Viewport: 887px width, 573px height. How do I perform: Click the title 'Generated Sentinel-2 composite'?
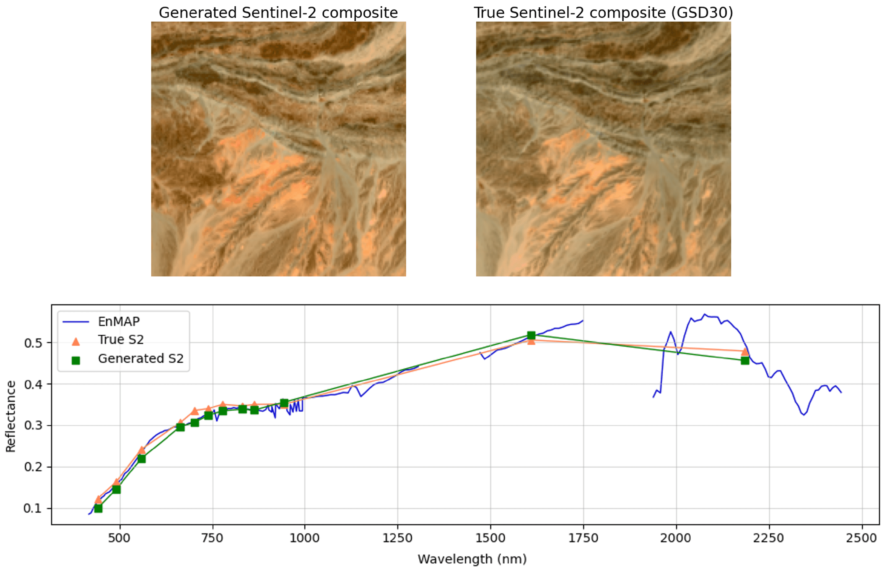coord(278,13)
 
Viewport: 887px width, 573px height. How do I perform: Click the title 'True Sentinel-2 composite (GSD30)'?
coord(603,13)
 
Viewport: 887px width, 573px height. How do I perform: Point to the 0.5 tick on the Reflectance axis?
coord(33,343)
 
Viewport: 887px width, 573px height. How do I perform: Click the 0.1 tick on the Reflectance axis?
coord(33,508)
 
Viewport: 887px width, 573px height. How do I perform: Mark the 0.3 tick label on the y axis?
coord(33,425)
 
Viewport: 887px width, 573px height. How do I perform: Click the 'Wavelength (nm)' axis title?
coord(472,559)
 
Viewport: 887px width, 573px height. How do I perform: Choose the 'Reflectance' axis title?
coord(11,416)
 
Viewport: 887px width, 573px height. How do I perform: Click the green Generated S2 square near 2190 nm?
coord(745,360)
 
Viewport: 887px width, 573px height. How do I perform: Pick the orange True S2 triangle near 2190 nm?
coord(745,351)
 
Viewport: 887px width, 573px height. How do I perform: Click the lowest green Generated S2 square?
coord(98,508)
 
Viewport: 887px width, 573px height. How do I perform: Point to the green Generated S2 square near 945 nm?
coord(284,403)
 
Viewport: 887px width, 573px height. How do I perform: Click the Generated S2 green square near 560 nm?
coord(141,459)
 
